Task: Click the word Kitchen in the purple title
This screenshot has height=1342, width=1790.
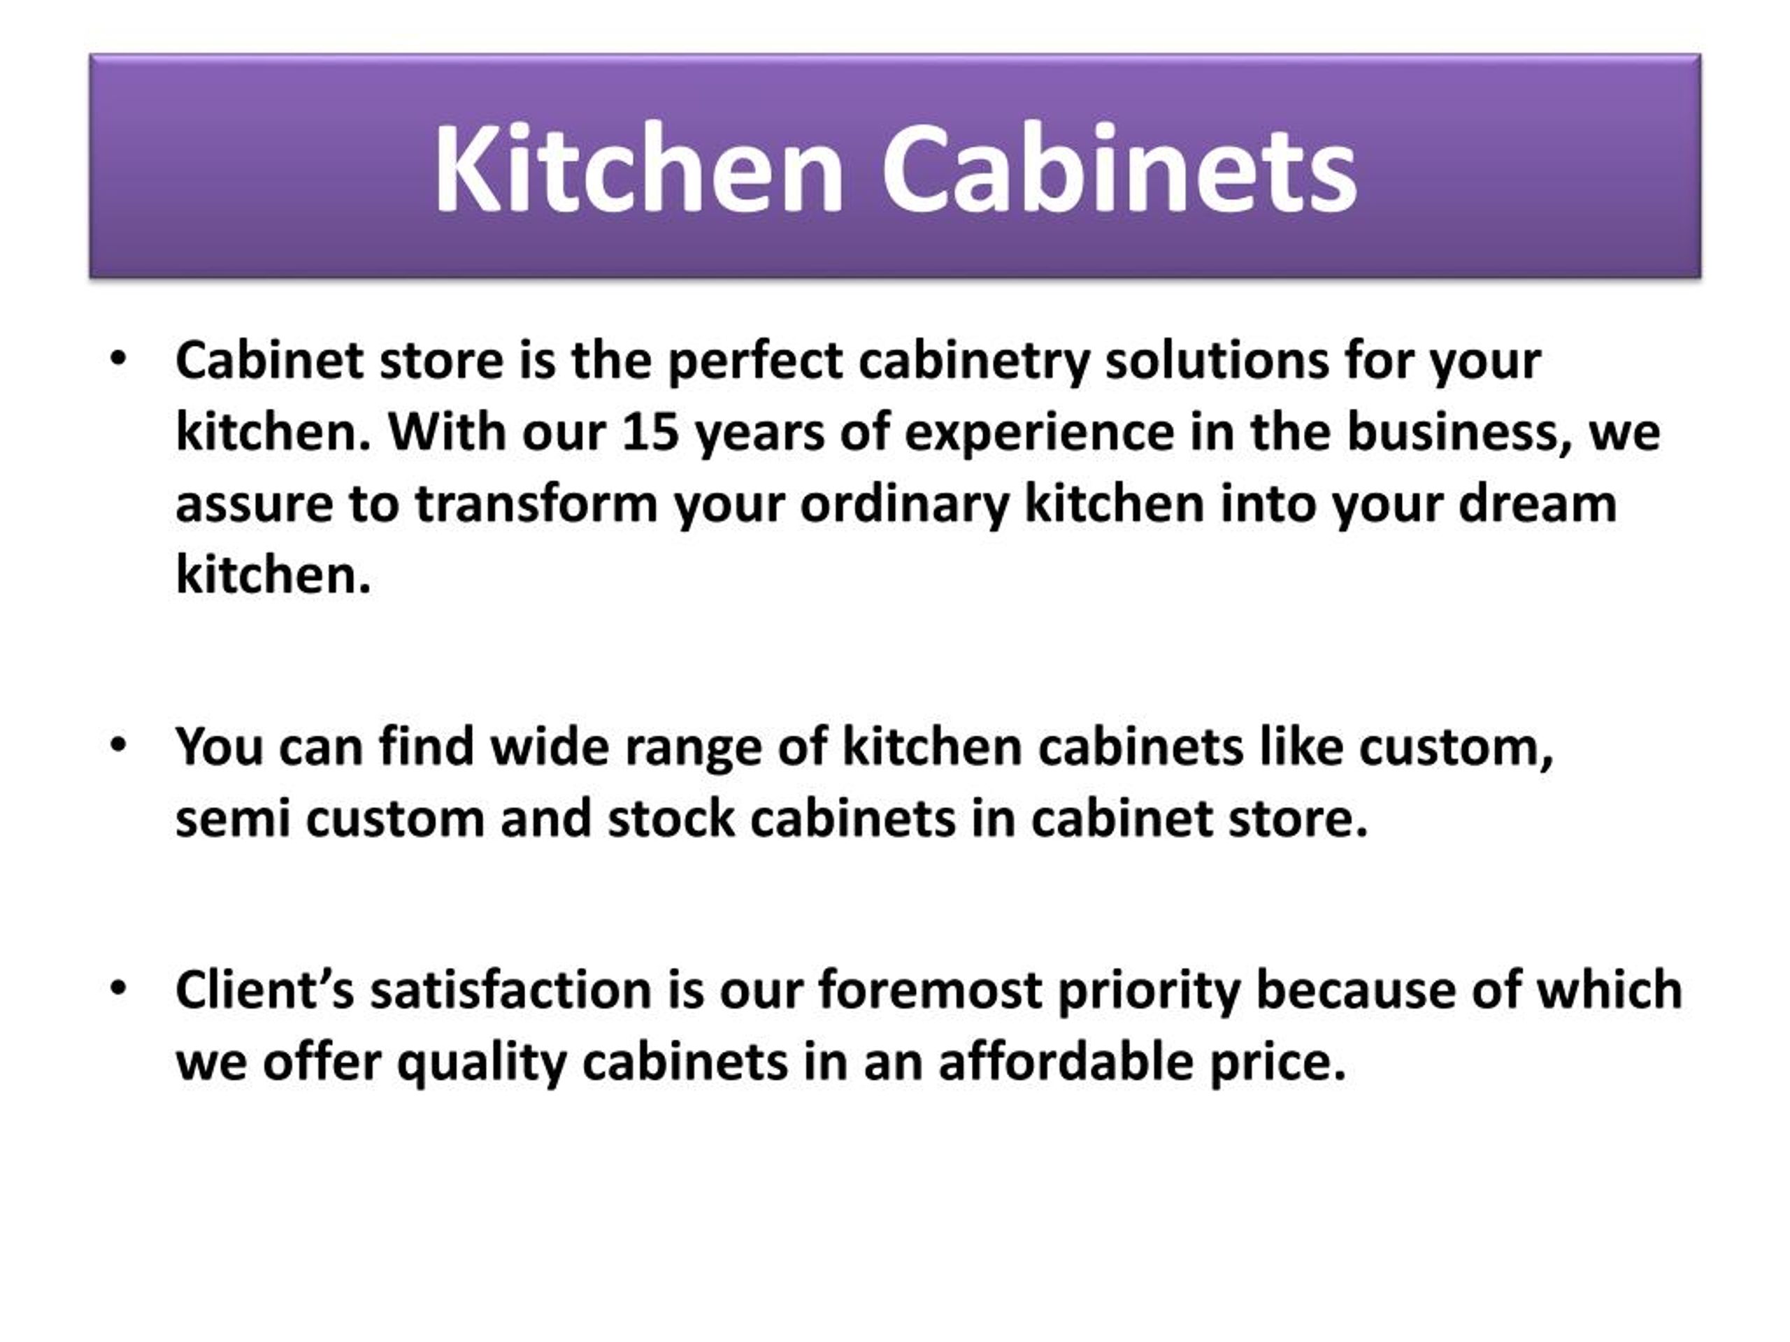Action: click(639, 168)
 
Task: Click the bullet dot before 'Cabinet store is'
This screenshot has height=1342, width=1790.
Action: click(119, 359)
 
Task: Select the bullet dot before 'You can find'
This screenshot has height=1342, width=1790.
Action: click(119, 744)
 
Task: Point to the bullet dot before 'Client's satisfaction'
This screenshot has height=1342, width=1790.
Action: click(119, 988)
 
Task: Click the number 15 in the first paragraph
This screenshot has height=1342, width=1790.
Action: click(650, 431)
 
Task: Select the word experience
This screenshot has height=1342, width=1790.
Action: click(1039, 433)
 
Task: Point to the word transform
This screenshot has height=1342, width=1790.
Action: click(536, 503)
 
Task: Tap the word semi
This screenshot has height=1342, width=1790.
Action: click(232, 818)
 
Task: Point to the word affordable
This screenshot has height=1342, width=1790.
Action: click(1066, 1061)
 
